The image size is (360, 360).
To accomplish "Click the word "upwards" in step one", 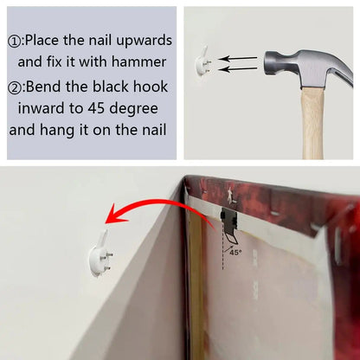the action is pyautogui.click(x=145, y=41).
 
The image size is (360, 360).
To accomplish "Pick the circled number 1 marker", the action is pyautogui.click(x=15, y=42).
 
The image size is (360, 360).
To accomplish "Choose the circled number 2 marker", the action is pyautogui.click(x=15, y=88).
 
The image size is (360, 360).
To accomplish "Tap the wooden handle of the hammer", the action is pyautogui.click(x=312, y=123).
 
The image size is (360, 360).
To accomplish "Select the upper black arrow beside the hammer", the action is pyautogui.click(x=237, y=59).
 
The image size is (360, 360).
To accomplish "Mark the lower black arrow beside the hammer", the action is pyautogui.click(x=237, y=69).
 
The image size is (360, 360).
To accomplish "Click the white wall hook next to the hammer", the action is pyautogui.click(x=203, y=61).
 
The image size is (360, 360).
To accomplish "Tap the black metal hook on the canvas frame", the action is pyautogui.click(x=229, y=223).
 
